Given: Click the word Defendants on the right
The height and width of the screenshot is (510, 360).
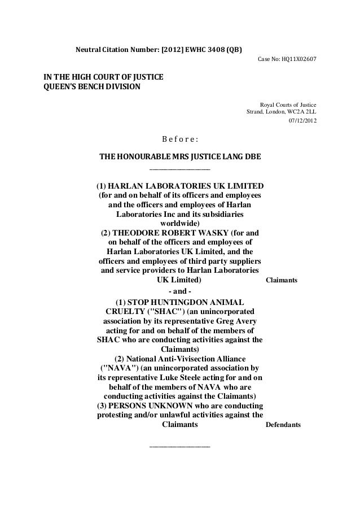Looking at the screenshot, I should [x=283, y=425].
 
